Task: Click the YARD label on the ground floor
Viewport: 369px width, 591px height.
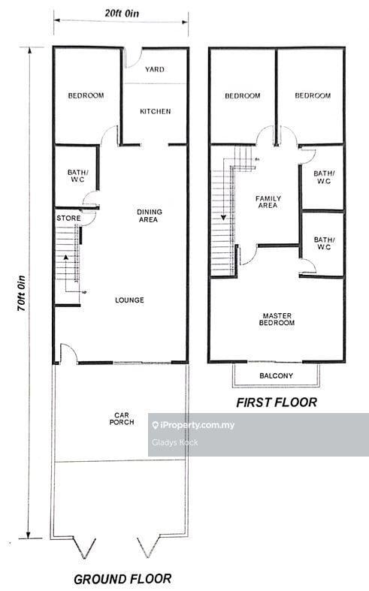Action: (155, 69)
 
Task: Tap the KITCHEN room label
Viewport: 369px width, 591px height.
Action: (156, 112)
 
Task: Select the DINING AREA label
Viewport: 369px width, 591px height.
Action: (150, 216)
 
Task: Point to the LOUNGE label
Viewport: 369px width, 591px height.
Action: (129, 300)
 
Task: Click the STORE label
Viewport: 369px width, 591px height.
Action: (68, 219)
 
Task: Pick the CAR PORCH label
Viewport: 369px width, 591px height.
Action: (122, 419)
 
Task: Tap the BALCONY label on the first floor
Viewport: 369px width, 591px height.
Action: (276, 375)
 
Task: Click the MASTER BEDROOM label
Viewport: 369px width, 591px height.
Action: (277, 319)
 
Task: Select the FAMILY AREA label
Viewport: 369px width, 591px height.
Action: (268, 202)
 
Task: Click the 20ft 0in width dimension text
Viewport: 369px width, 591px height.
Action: (122, 14)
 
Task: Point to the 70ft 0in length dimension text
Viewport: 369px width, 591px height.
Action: (22, 294)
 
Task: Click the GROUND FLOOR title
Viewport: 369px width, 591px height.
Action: (122, 579)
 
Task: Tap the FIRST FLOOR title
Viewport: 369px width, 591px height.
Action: (277, 403)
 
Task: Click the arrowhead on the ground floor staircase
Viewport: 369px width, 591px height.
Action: (66, 258)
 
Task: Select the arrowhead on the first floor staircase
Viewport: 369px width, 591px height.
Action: (224, 218)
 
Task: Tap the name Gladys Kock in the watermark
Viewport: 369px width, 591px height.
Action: (174, 442)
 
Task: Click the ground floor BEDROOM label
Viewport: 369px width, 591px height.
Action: (86, 95)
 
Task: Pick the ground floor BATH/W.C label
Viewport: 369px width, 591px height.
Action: (77, 176)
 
